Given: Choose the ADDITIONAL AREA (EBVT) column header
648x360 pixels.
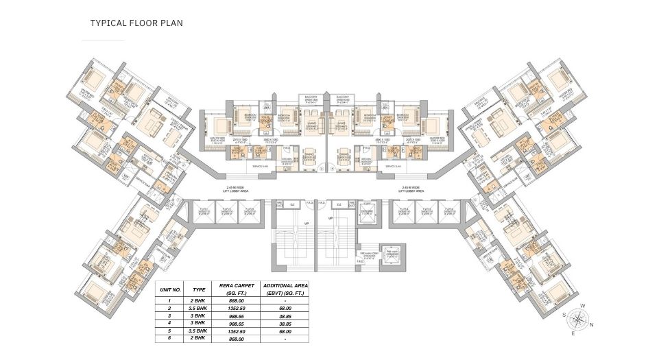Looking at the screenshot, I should click(x=287, y=288).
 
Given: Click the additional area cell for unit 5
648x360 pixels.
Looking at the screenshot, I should click(x=287, y=331).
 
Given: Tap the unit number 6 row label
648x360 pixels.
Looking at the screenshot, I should click(x=170, y=339).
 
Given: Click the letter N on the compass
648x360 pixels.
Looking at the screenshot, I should click(x=592, y=326).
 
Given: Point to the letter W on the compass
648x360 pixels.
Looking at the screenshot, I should click(x=581, y=306).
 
